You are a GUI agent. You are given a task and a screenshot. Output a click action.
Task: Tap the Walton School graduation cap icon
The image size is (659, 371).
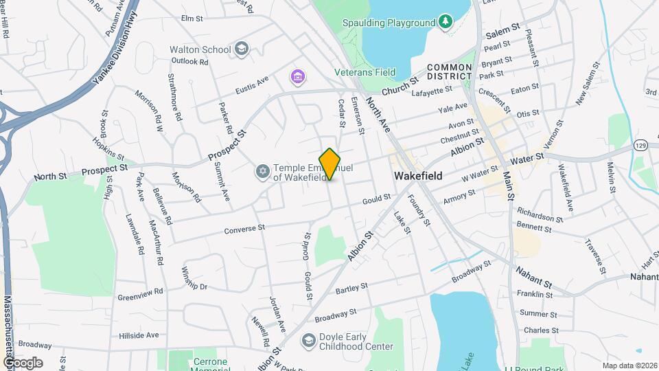(x=241, y=49)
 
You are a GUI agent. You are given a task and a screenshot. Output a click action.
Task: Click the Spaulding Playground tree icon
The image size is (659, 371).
(x=446, y=22)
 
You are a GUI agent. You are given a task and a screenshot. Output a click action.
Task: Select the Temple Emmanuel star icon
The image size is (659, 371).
(x=262, y=171)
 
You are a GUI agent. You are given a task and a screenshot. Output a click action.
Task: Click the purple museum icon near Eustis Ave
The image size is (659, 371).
(x=297, y=75)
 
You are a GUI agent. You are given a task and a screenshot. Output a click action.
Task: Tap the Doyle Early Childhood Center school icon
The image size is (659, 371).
(x=309, y=341)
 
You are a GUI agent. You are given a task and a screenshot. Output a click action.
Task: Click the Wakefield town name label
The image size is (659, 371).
(x=418, y=176)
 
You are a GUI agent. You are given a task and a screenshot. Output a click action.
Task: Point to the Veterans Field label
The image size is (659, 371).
(x=365, y=71)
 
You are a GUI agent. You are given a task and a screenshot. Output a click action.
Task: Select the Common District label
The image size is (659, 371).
(x=449, y=71)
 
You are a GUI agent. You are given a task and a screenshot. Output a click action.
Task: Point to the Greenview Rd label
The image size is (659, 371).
(x=140, y=291)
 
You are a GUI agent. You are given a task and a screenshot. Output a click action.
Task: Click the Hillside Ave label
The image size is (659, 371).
(x=139, y=335)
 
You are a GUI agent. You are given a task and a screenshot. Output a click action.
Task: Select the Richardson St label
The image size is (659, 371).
(x=540, y=214)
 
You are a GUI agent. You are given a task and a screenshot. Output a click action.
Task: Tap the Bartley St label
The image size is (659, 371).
(x=352, y=289)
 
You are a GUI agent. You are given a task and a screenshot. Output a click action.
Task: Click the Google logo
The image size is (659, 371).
(x=23, y=363)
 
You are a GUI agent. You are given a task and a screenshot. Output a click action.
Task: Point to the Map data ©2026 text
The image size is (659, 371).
(x=629, y=366)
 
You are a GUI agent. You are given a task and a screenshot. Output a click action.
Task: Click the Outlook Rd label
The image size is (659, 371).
(x=189, y=61)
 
